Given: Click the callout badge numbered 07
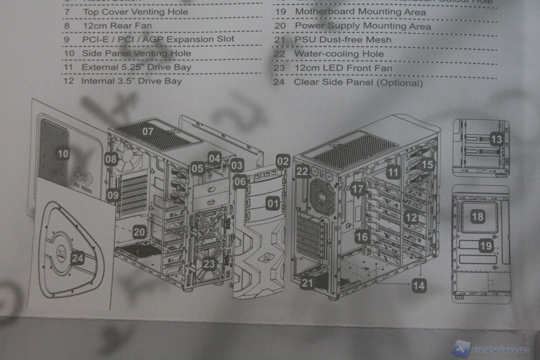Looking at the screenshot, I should pyautogui.click(x=148, y=131).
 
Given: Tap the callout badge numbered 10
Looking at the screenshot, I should pyautogui.click(x=63, y=153).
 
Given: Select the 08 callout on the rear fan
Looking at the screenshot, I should pyautogui.click(x=111, y=159).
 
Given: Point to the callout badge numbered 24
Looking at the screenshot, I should pyautogui.click(x=77, y=258).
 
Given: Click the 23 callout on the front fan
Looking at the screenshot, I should pyautogui.click(x=209, y=264).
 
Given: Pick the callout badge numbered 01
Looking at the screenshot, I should pyautogui.click(x=272, y=204).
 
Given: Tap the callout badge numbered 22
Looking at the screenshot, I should pyautogui.click(x=302, y=171).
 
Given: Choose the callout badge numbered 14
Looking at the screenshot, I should pyautogui.click(x=419, y=285).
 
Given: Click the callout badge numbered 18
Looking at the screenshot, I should pyautogui.click(x=477, y=217).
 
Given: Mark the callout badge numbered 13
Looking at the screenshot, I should pyautogui.click(x=496, y=139).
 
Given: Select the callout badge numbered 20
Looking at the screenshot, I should pyautogui.click(x=139, y=232).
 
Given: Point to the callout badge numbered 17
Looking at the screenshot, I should pyautogui.click(x=357, y=188).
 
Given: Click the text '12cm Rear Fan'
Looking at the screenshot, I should pyautogui.click(x=117, y=26).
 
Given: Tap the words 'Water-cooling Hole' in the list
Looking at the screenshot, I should pyautogui.click(x=339, y=54).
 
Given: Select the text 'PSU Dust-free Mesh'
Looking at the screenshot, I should pyautogui.click(x=343, y=40).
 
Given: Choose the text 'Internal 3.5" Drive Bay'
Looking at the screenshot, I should pyautogui.click(x=131, y=81).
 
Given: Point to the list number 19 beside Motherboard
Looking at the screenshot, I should pyautogui.click(x=280, y=12).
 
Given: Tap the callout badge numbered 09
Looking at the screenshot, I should pyautogui.click(x=113, y=195).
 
